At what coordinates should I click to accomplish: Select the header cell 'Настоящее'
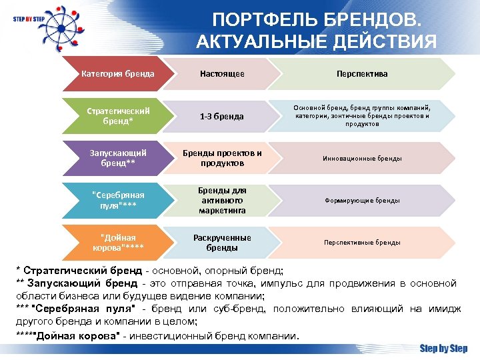(x=222, y=74)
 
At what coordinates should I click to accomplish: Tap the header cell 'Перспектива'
(x=362, y=74)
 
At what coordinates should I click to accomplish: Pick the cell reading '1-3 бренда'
(x=222, y=117)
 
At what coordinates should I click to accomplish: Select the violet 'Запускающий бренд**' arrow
(x=118, y=158)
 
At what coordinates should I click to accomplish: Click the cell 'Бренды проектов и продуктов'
(x=222, y=158)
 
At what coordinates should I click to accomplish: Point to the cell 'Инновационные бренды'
(x=362, y=159)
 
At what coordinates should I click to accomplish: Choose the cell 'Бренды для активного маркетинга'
(x=222, y=200)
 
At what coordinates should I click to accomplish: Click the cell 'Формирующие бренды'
(x=362, y=200)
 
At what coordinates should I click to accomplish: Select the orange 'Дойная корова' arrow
(x=118, y=243)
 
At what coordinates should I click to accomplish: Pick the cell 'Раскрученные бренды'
(x=222, y=243)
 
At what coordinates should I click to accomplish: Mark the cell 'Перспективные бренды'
(x=362, y=243)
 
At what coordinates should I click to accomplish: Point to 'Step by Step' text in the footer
(x=443, y=348)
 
